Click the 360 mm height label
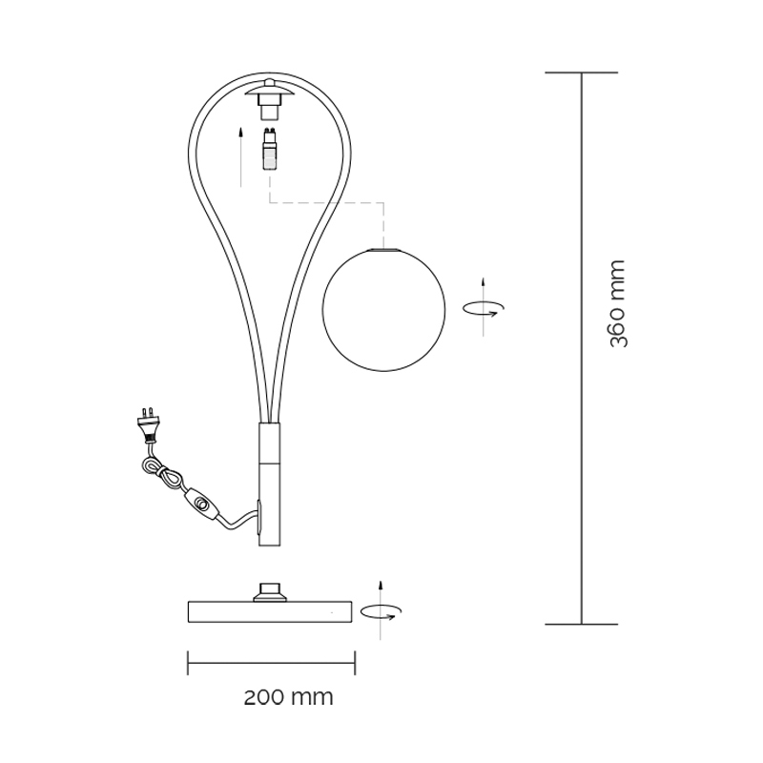[618, 303]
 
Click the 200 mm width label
[289, 698]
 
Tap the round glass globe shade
[384, 310]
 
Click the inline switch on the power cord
[200, 504]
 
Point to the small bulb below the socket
[270, 149]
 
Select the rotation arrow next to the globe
[484, 307]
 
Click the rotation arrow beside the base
[381, 610]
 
